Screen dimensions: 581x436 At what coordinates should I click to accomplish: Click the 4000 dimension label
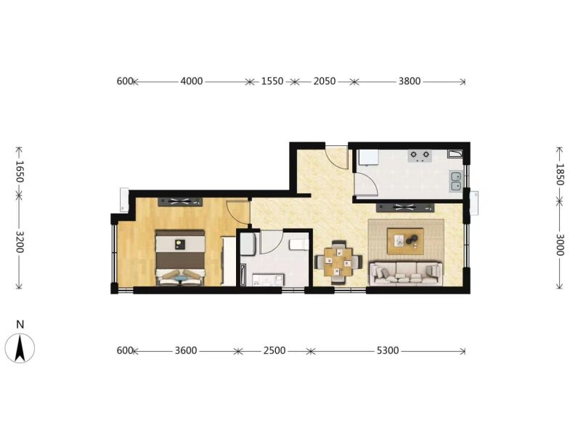(192, 81)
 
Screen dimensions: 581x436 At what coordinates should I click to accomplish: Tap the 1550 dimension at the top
(272, 81)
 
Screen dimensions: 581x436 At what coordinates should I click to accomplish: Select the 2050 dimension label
(325, 81)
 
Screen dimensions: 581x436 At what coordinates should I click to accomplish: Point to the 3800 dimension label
(410, 81)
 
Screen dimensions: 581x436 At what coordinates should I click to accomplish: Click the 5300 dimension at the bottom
(388, 350)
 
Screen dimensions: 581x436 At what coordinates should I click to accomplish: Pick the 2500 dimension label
(275, 350)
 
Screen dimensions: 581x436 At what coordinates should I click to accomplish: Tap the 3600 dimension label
(186, 350)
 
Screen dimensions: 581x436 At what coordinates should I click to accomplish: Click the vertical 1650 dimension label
(20, 172)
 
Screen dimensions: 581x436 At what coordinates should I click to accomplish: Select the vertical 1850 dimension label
(559, 174)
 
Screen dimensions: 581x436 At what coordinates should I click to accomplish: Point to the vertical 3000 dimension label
(559, 245)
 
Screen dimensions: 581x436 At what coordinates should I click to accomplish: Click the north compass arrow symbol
(20, 348)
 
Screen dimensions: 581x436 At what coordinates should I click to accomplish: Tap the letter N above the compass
(20, 325)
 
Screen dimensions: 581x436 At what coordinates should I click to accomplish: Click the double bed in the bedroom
(180, 258)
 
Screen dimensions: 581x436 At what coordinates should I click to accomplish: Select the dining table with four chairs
(338, 262)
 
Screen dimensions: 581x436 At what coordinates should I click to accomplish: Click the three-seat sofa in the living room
(406, 274)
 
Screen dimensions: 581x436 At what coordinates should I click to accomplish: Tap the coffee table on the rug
(405, 241)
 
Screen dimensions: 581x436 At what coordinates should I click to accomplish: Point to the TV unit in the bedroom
(180, 202)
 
